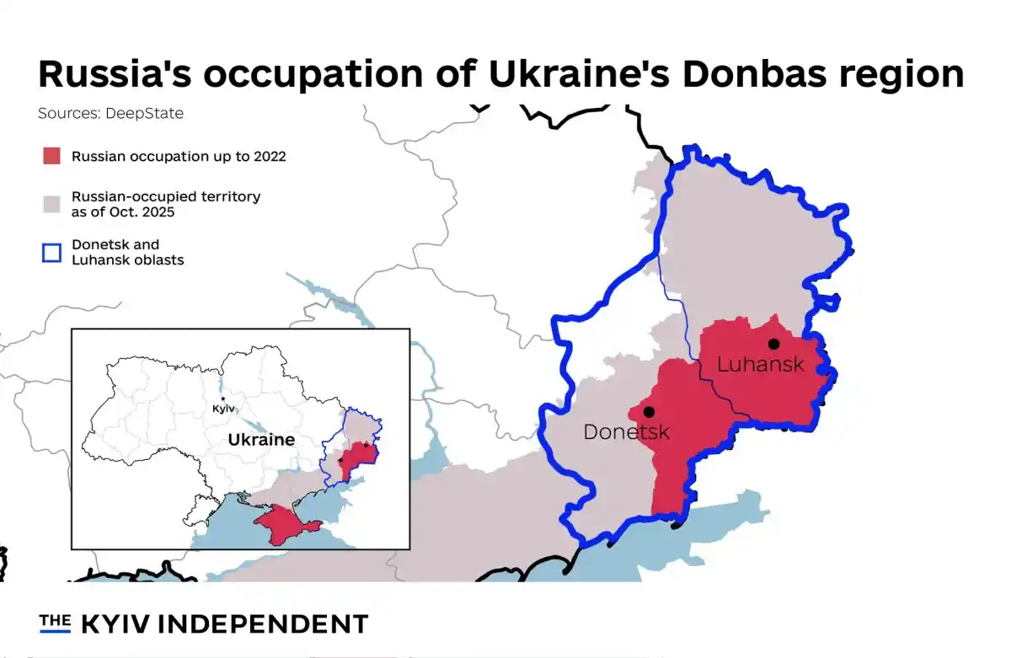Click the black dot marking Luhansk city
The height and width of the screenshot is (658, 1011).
click(x=773, y=344)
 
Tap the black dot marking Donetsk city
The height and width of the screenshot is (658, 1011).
click(x=649, y=412)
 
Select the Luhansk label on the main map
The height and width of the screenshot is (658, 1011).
click(x=760, y=365)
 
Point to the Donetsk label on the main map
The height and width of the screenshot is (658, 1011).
click(x=626, y=432)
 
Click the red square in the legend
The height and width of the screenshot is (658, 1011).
click(x=51, y=156)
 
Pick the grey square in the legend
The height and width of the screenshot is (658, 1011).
click(x=51, y=204)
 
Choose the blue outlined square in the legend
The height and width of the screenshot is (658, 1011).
click(x=51, y=252)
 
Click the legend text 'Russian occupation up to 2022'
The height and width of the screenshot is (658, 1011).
click(x=179, y=156)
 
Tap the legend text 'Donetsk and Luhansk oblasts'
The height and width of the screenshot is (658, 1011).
click(x=127, y=252)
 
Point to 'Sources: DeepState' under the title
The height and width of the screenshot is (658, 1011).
click(x=110, y=113)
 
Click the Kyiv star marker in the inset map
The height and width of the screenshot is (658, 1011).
click(x=222, y=399)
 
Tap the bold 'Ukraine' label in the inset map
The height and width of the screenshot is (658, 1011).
click(x=261, y=440)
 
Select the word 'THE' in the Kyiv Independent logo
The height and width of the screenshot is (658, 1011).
click(x=55, y=622)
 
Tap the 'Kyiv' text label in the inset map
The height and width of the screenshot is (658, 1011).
click(x=223, y=409)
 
